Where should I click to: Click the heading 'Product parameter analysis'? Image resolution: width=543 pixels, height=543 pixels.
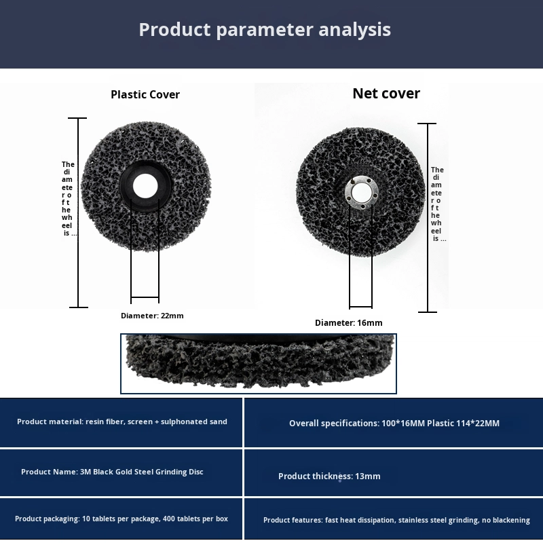pyautogui.click(x=265, y=30)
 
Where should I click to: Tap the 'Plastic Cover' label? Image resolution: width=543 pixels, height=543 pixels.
pyautogui.click(x=145, y=94)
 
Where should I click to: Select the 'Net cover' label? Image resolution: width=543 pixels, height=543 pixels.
pyautogui.click(x=386, y=94)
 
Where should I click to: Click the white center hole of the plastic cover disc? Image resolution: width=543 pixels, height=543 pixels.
pyautogui.click(x=145, y=185)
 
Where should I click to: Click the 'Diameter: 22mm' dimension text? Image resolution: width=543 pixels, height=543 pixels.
pyautogui.click(x=152, y=316)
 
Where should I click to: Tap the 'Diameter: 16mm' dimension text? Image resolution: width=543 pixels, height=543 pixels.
pyautogui.click(x=349, y=323)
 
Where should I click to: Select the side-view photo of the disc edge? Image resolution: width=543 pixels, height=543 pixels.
pyautogui.click(x=259, y=363)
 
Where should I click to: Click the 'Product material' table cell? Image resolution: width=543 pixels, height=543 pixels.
pyautogui.click(x=121, y=422)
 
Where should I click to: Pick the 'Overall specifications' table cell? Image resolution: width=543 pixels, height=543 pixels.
pyautogui.click(x=394, y=423)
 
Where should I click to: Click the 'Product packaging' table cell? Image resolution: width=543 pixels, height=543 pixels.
pyautogui.click(x=121, y=519)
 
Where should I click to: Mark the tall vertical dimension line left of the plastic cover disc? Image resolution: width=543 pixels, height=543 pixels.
pyautogui.click(x=79, y=212)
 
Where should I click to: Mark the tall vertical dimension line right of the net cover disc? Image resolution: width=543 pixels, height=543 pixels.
pyautogui.click(x=427, y=217)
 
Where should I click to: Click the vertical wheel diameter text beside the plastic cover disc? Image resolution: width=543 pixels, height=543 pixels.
pyautogui.click(x=69, y=198)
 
